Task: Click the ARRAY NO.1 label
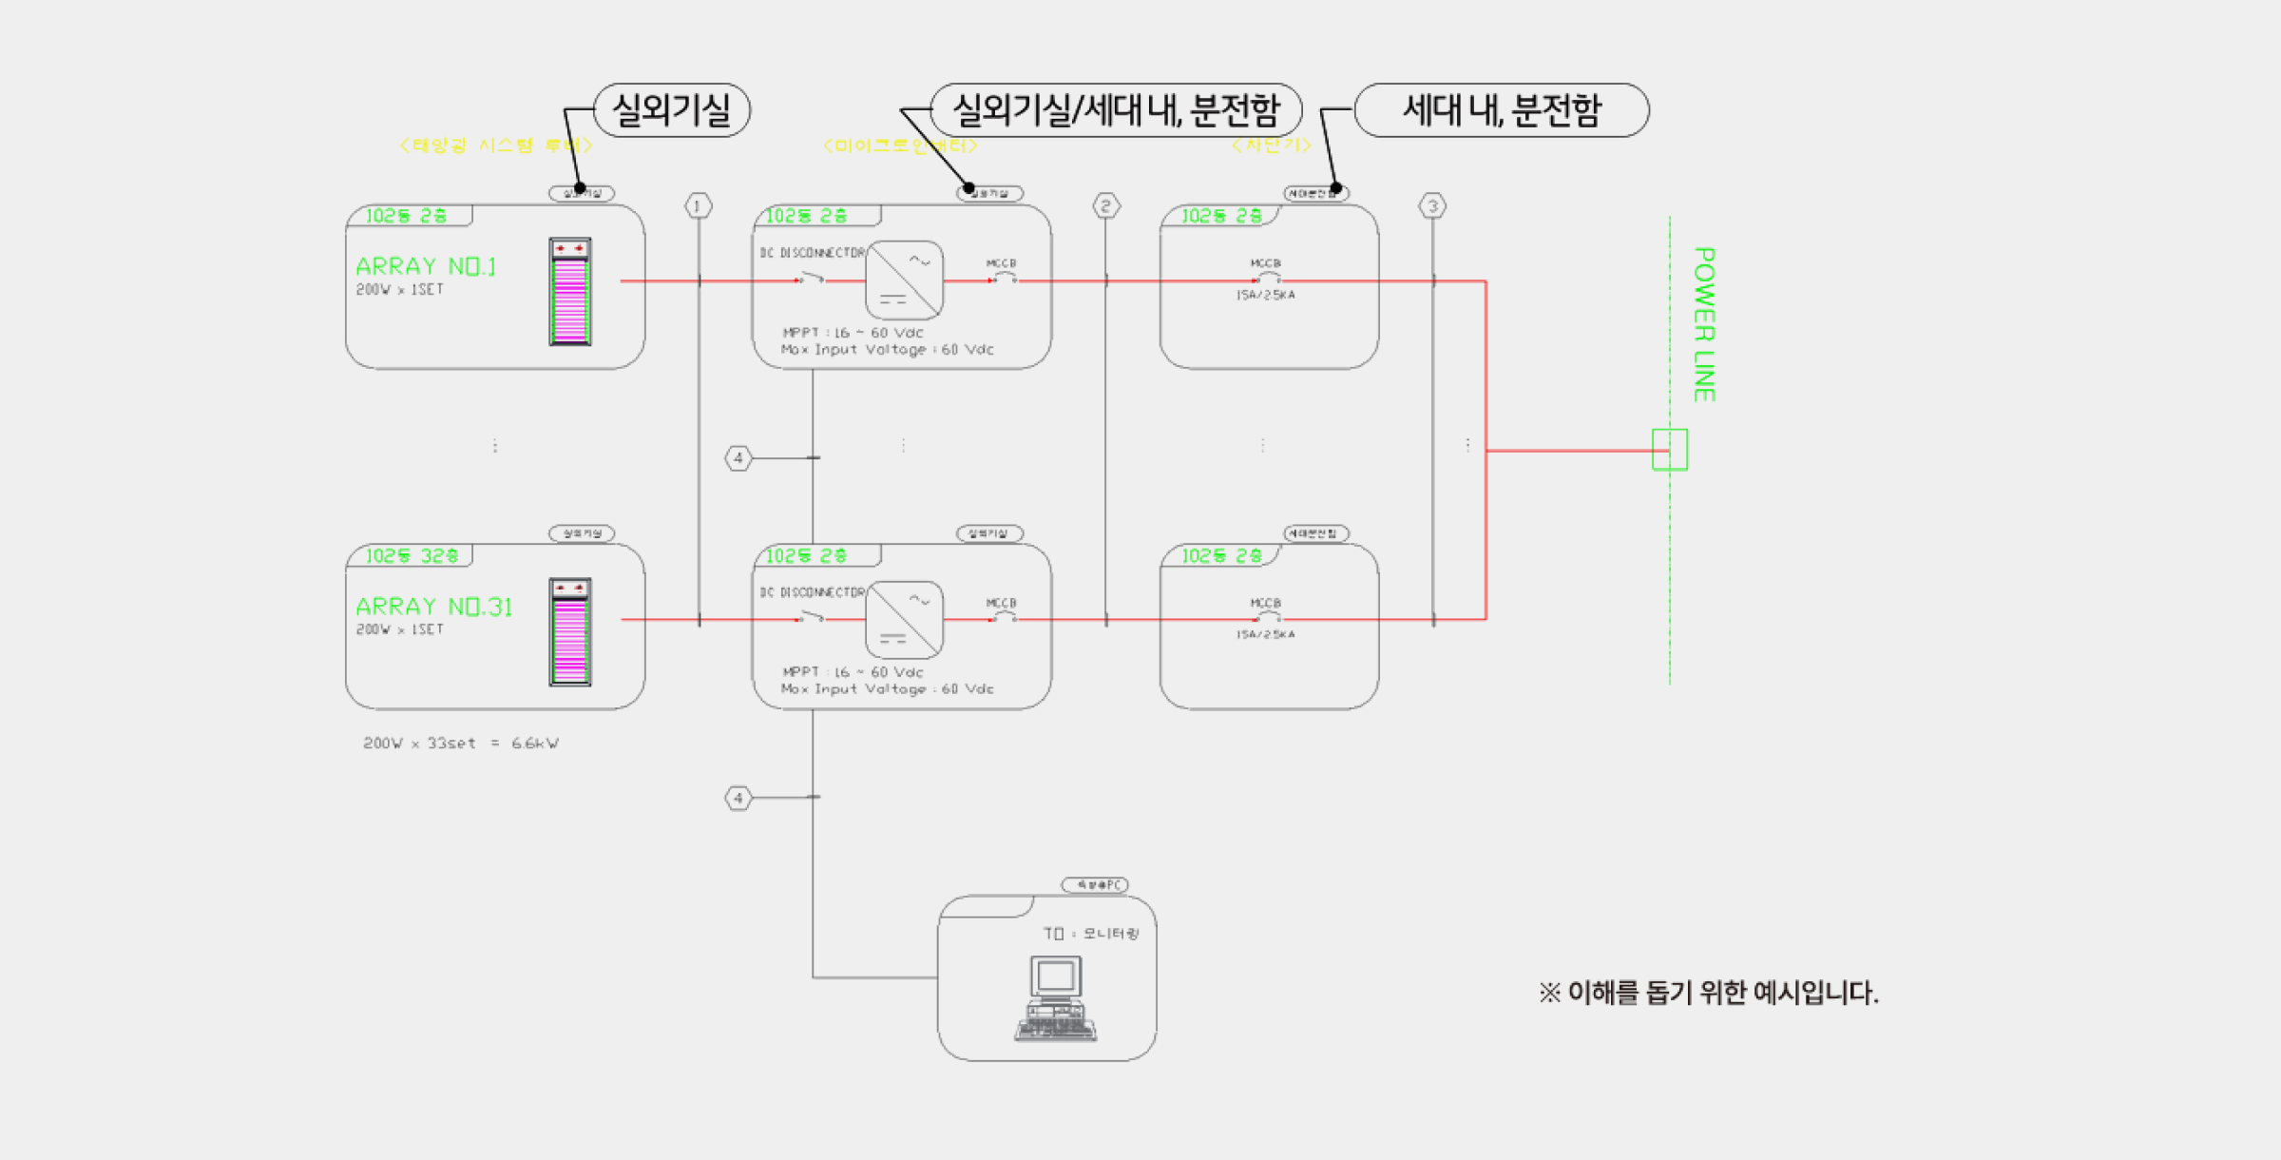point(426,266)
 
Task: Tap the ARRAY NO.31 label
point(433,607)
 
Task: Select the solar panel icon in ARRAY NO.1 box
point(570,291)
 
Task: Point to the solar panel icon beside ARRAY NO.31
point(570,631)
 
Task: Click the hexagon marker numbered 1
point(699,205)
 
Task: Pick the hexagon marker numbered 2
point(1105,205)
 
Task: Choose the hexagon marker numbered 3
point(1432,205)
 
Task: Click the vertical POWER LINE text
point(1704,324)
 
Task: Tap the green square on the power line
point(1670,450)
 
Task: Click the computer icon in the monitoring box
point(1056,999)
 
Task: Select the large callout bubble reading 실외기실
point(672,110)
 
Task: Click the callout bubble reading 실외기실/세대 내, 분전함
point(1116,110)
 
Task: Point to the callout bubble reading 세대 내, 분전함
point(1502,110)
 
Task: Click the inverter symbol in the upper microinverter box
point(905,280)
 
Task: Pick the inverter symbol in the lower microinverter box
point(905,620)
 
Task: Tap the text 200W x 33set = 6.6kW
point(461,744)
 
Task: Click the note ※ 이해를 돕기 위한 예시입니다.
point(1708,994)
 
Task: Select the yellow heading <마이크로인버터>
point(900,145)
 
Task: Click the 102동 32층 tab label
point(412,556)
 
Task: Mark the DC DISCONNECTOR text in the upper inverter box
point(813,253)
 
